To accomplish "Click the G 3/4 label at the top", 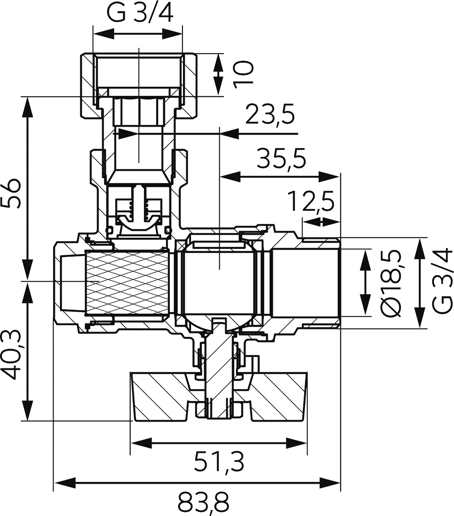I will coord(140,13).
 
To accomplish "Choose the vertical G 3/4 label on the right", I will coord(442,280).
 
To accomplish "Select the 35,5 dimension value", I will coord(281,159).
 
